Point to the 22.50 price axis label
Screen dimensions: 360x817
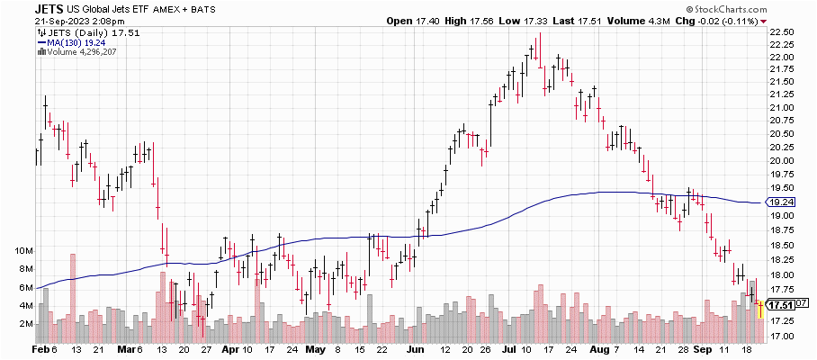tap(782, 31)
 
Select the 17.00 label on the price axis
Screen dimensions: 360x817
tap(782, 337)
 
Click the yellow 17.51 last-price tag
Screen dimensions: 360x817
tap(780, 303)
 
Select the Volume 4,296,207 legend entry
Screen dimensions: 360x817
tap(77, 51)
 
